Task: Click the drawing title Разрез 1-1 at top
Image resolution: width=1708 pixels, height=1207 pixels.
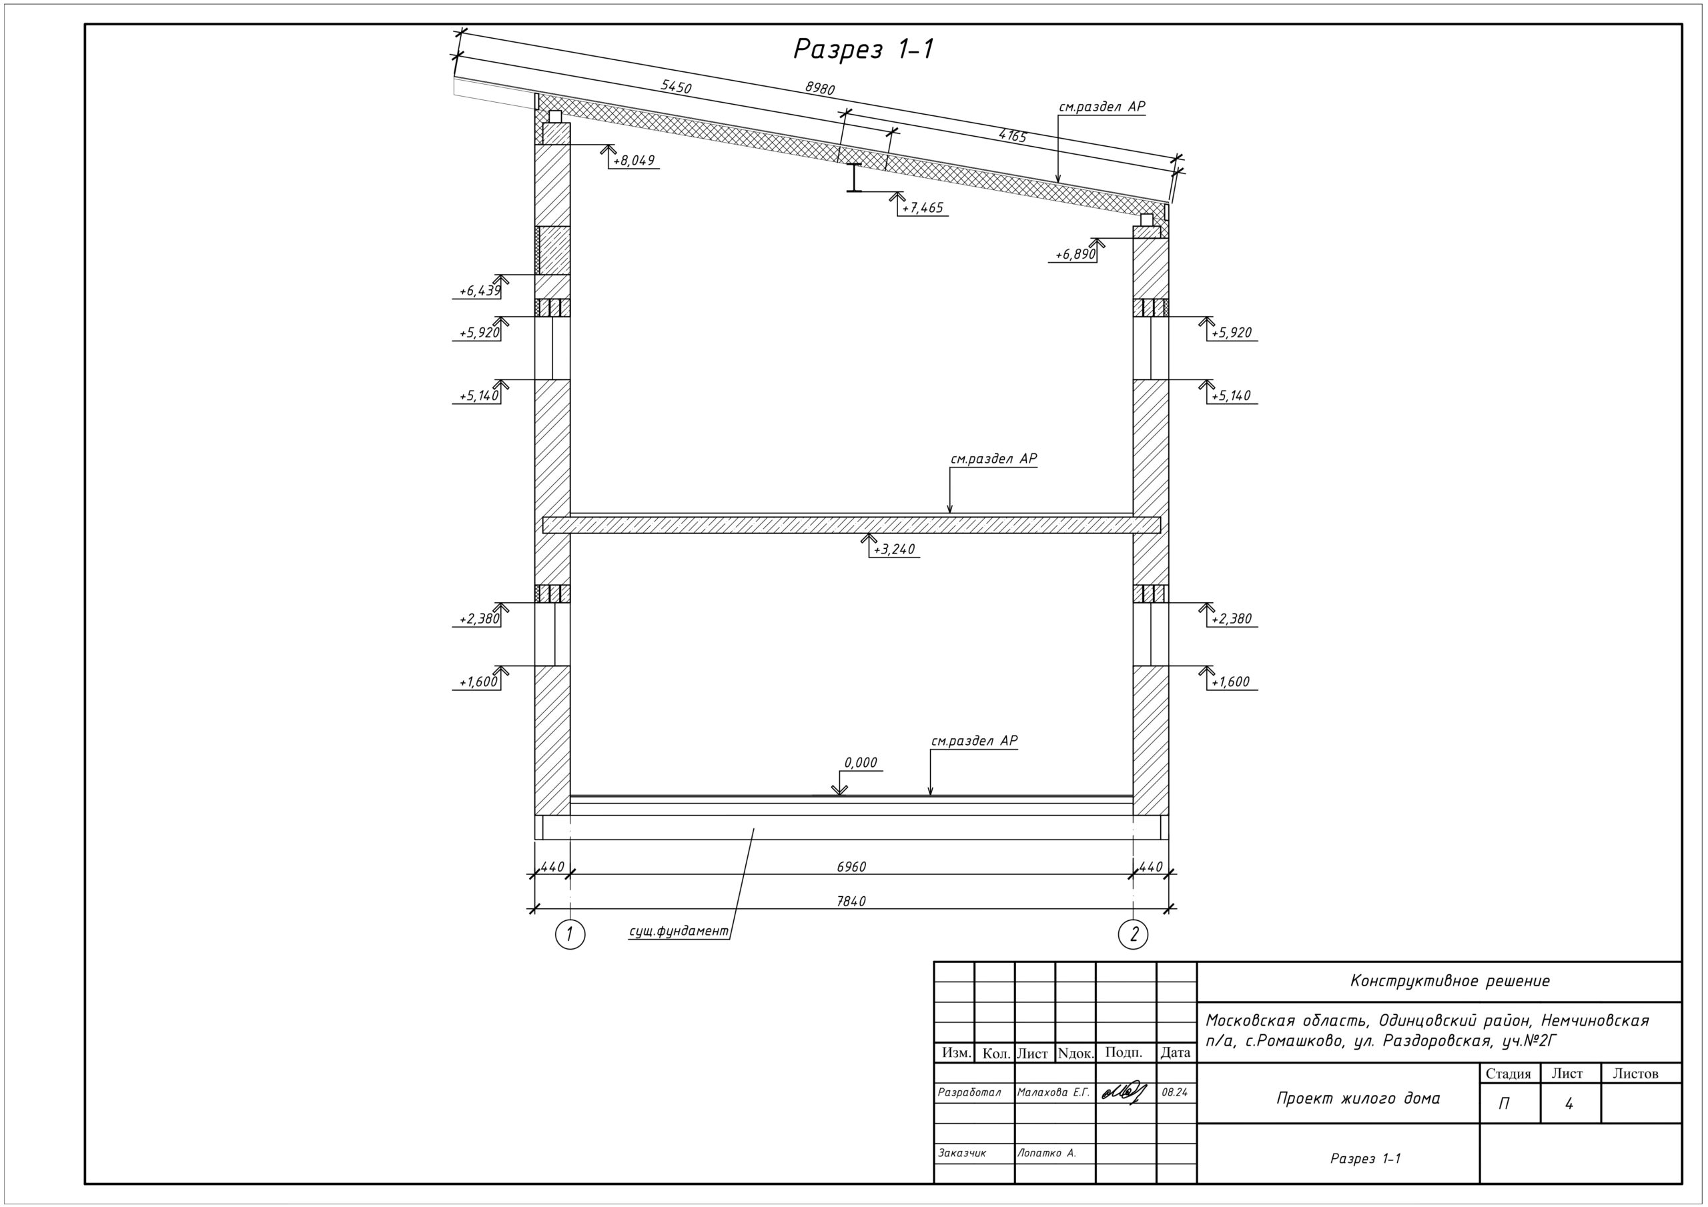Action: pos(863,49)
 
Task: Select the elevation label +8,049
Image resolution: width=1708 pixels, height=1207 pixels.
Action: pos(634,161)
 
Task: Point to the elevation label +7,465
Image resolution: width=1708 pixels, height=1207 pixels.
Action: pos(923,208)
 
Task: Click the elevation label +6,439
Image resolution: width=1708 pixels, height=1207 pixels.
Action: pos(479,291)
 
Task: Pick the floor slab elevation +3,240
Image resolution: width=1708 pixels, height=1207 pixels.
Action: pos(894,549)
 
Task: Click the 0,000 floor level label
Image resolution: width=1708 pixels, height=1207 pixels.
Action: pos(861,762)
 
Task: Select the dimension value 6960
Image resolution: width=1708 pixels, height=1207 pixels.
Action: pos(852,866)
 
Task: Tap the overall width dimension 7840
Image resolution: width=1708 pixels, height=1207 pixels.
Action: pos(852,902)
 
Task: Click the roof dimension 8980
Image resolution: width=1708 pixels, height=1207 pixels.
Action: pos(820,88)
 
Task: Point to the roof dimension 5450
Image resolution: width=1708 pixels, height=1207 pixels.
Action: pos(677,87)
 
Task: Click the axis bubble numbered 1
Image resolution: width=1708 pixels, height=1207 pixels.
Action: pos(570,935)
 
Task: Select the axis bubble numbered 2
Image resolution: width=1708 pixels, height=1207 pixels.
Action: pos(1133,935)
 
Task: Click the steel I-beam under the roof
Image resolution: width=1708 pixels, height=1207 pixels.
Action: pos(855,177)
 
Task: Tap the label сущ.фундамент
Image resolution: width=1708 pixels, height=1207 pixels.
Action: pos(679,931)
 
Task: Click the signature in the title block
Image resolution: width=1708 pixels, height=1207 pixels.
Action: pos(1125,1092)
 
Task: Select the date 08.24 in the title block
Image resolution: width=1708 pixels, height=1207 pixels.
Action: pos(1176,1092)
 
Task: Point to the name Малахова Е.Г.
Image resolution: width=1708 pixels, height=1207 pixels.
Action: pos(1053,1092)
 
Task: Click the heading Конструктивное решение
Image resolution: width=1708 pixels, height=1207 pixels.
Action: pos(1450,981)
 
